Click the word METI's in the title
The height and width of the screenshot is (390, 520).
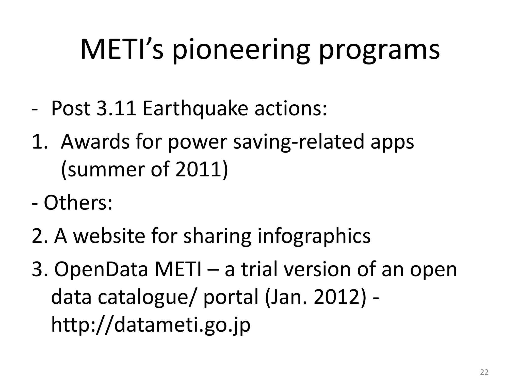click(x=122, y=50)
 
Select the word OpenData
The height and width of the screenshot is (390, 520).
click(x=101, y=270)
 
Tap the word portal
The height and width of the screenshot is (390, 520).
click(x=231, y=298)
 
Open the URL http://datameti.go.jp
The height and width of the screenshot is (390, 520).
click(x=151, y=325)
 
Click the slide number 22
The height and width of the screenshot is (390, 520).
click(x=484, y=372)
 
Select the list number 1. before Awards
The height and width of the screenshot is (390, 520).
click(x=41, y=142)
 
